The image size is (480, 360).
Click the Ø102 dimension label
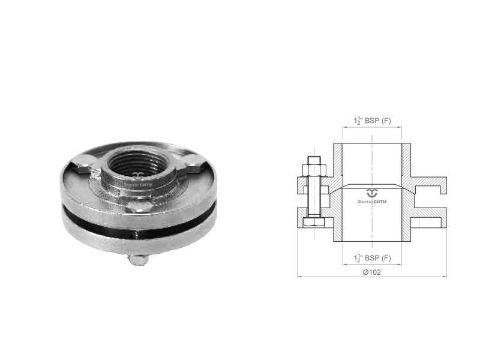coord(372,272)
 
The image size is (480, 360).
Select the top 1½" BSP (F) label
coord(372,121)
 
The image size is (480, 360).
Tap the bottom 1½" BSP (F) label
coord(372,258)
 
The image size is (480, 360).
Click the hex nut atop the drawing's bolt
coord(314,170)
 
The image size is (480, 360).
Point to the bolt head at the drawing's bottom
coord(313,223)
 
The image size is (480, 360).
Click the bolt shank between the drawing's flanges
coord(314,197)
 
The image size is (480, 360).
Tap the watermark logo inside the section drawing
coord(372,196)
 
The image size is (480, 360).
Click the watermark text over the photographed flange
coord(138,185)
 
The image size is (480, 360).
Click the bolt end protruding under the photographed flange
coord(138,259)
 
